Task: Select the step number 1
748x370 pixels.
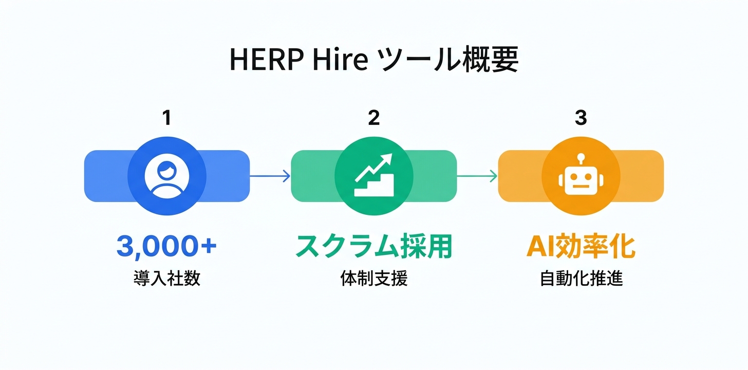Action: [x=166, y=118]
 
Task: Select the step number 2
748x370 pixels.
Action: [x=373, y=118]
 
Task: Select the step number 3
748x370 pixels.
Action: [x=581, y=118]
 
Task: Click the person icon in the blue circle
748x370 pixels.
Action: [x=166, y=176]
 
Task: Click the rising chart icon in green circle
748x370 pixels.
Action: [x=374, y=175]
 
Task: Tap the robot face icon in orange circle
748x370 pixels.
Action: [x=581, y=180]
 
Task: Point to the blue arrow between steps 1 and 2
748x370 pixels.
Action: [x=270, y=176]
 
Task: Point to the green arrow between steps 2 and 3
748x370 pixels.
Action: [x=477, y=176]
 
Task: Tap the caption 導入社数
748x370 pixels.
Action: [x=166, y=279]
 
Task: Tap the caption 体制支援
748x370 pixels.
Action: [x=373, y=279]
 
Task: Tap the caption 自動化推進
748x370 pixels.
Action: [x=581, y=279]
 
